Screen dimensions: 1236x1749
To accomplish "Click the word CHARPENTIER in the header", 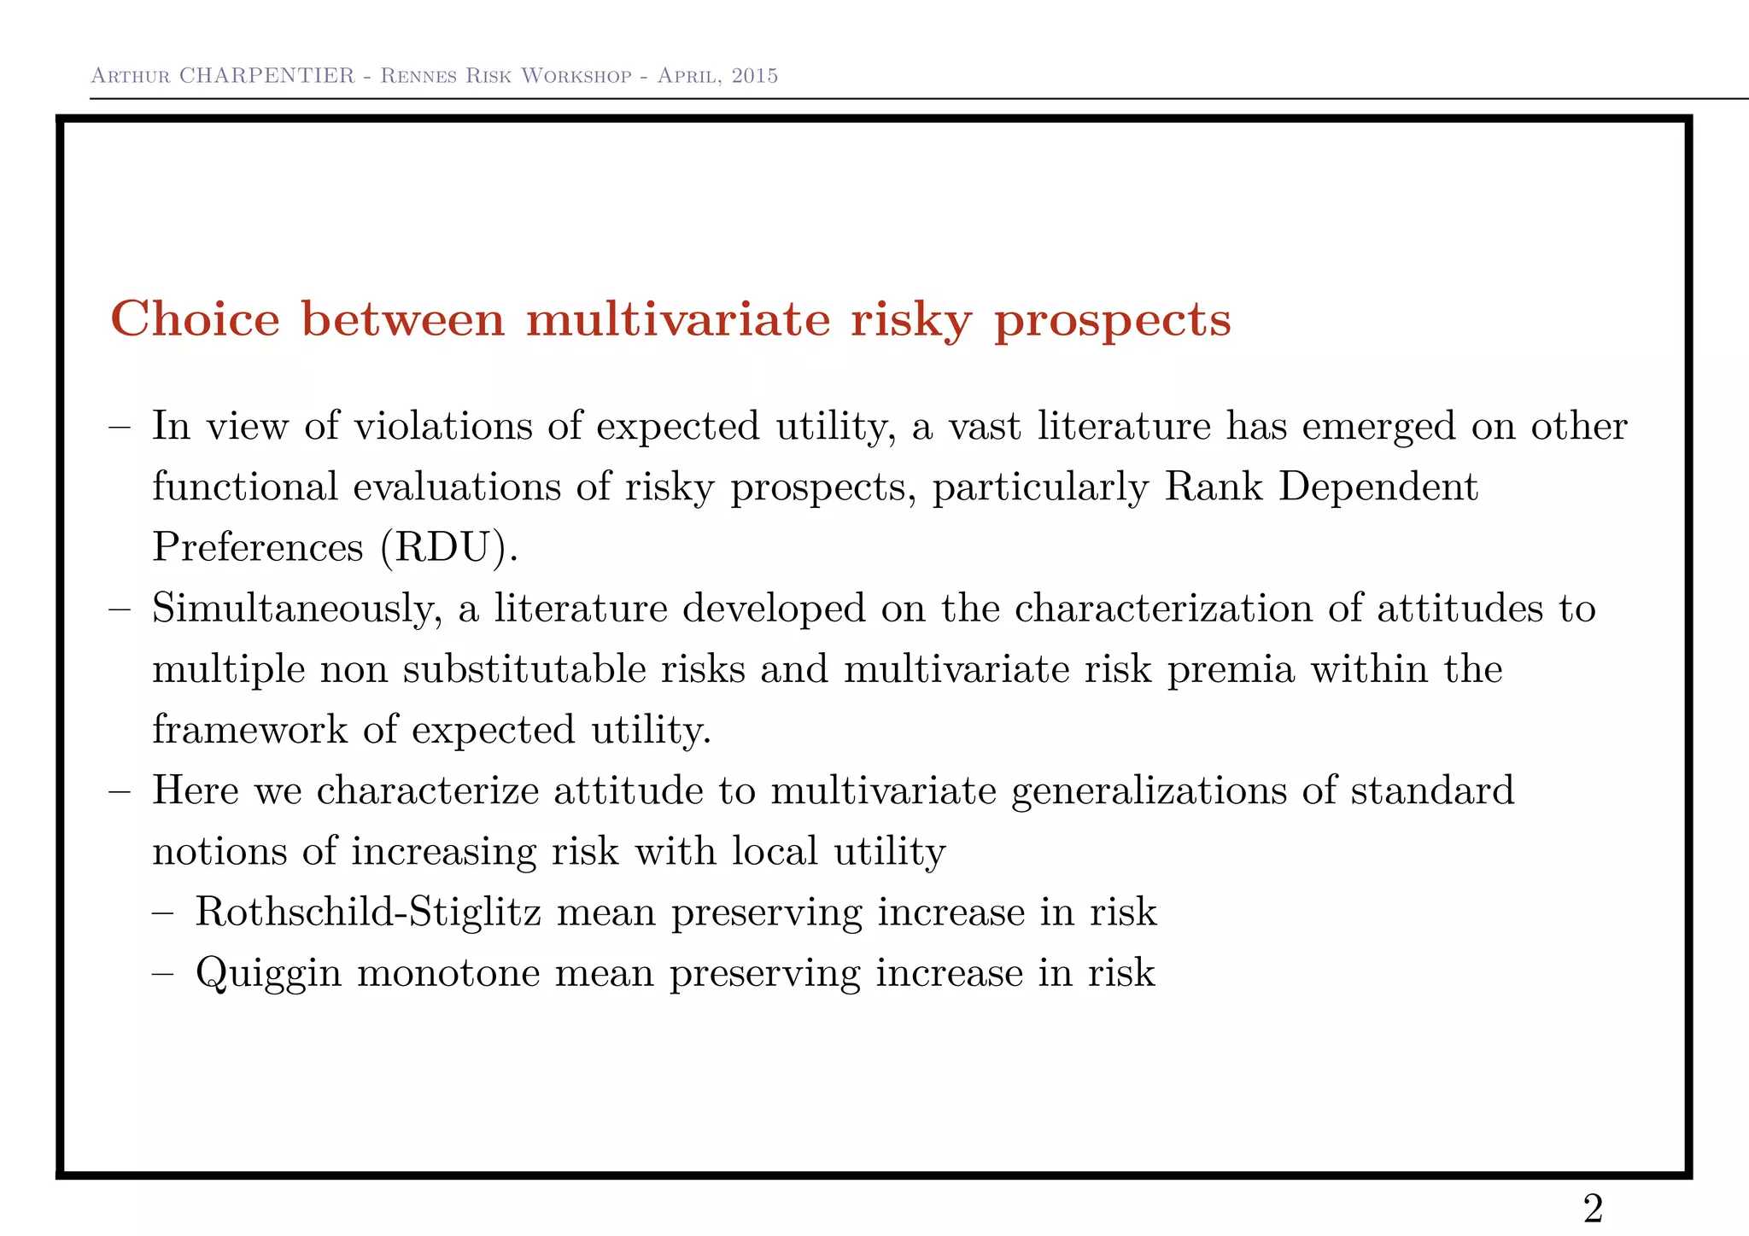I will click(266, 76).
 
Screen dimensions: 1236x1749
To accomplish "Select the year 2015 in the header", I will click(755, 76).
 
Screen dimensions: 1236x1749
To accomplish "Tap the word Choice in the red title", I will click(196, 320).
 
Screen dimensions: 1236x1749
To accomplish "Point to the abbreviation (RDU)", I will click(449, 547).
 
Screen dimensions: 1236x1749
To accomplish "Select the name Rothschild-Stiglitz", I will click(368, 912).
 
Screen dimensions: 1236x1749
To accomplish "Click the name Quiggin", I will click(268, 974).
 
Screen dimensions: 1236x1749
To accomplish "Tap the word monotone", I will click(448, 973).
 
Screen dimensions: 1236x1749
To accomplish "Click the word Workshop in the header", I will click(576, 76).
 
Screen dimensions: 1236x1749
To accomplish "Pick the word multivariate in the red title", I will click(678, 320).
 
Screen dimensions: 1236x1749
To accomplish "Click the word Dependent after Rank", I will click(1378, 487).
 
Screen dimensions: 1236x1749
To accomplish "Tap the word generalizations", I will click(1148, 791).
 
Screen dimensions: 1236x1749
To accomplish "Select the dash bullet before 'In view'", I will click(120, 427).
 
